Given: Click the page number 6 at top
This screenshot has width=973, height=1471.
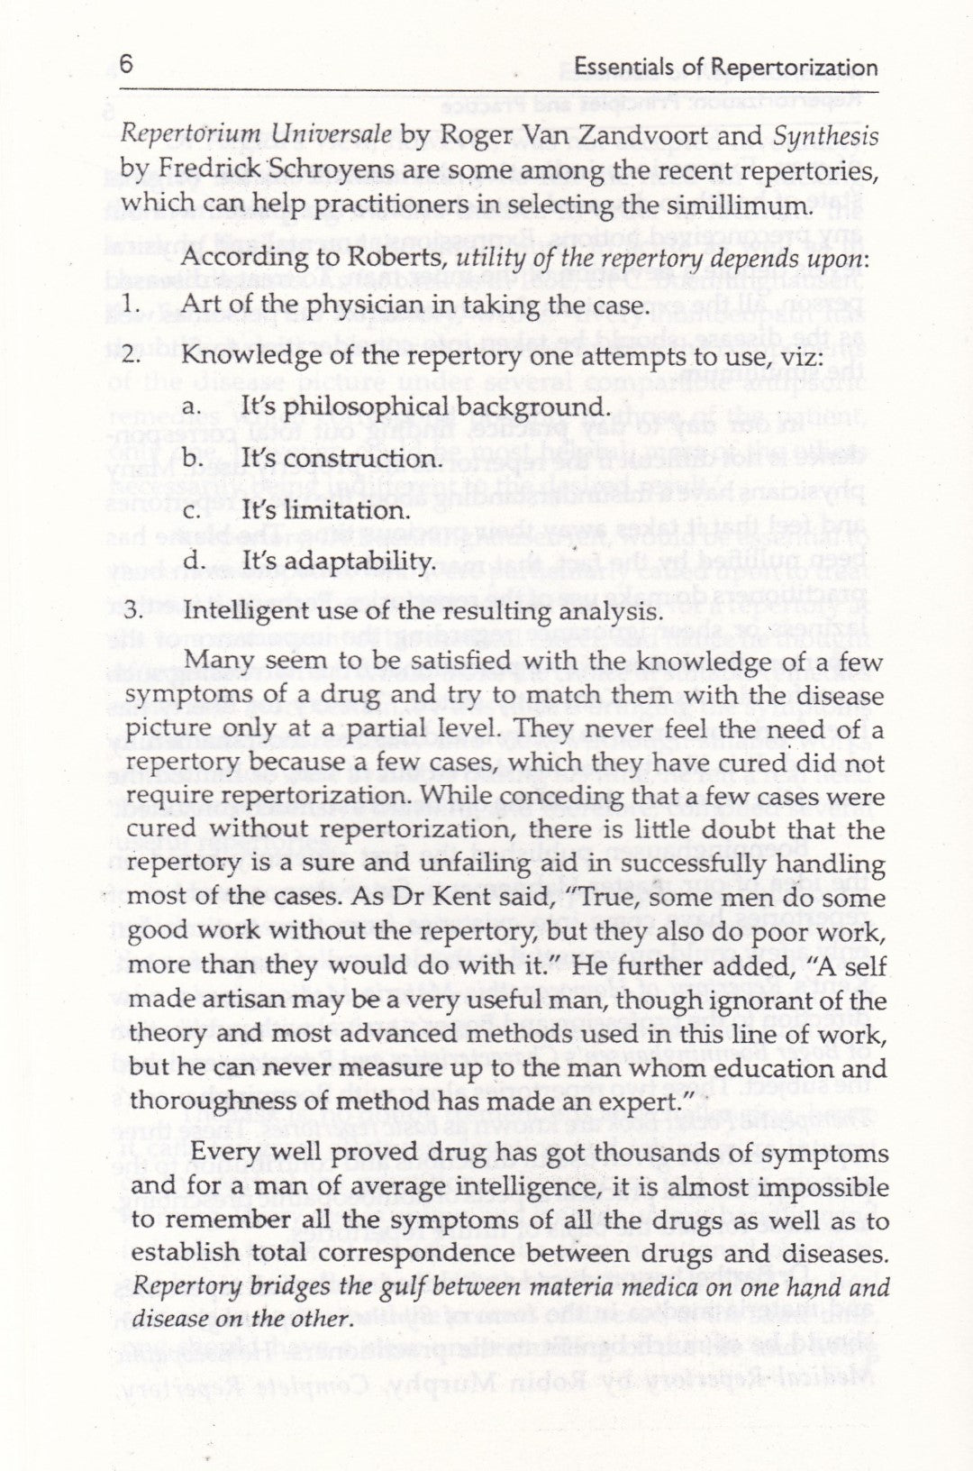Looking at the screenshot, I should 126,65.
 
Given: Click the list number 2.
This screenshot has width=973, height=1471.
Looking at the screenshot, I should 131,356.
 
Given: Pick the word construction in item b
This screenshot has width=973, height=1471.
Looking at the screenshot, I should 365,459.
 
